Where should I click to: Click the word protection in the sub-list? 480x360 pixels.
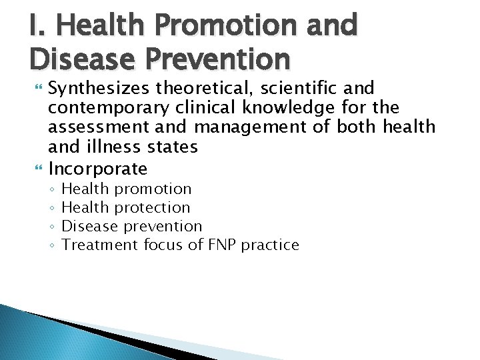click(153, 208)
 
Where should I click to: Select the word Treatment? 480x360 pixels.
click(101, 245)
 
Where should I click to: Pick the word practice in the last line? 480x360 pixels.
click(270, 245)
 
